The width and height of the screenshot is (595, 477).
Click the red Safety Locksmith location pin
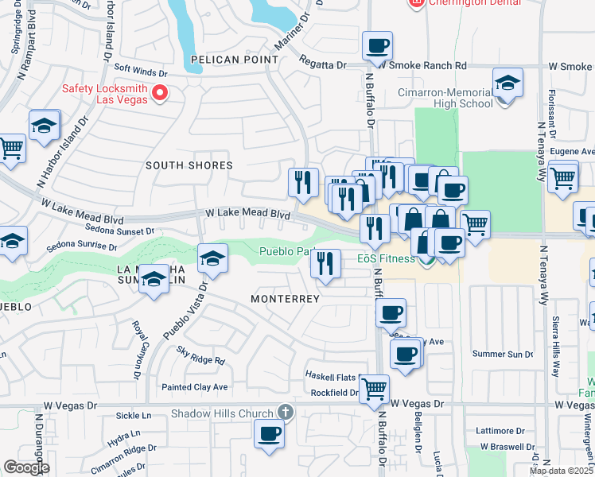[159, 94]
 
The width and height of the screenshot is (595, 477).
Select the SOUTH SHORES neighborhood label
[189, 165]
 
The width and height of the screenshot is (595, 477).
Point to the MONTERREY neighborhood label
[285, 299]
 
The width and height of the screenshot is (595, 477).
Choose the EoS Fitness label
[386, 258]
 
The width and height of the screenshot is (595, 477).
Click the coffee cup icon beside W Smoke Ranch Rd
[377, 45]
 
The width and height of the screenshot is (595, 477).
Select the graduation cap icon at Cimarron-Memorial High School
[507, 83]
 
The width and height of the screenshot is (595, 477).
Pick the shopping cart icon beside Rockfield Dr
[374, 389]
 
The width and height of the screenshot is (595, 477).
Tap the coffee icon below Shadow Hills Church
[269, 434]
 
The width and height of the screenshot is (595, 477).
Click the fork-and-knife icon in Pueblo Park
[325, 263]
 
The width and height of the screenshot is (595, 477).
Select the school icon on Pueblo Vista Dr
[213, 258]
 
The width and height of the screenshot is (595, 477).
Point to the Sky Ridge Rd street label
[201, 359]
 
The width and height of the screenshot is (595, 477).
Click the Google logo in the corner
[25, 467]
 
